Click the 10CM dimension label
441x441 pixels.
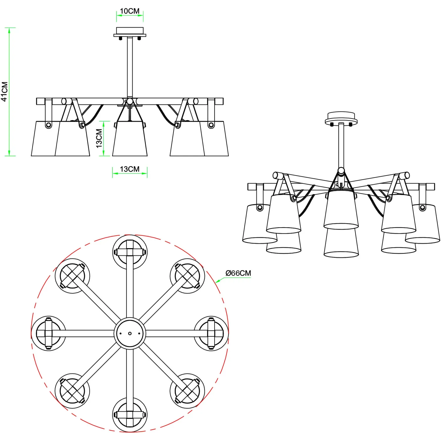[130, 11]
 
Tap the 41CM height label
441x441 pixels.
[5, 92]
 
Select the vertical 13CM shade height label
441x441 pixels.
[99, 138]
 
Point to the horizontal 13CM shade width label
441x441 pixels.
[130, 169]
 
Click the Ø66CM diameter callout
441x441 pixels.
[238, 273]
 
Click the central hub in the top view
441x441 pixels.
[130, 333]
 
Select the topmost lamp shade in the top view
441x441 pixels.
[130, 252]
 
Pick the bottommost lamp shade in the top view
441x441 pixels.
[130, 415]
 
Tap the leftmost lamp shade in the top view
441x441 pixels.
[49, 333]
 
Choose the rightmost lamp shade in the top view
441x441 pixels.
[211, 333]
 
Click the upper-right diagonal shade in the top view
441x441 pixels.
[187, 276]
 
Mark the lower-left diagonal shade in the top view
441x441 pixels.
[72, 391]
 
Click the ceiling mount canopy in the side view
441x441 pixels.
[130, 32]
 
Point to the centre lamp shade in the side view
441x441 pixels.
[130, 138]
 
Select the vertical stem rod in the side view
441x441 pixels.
[130, 68]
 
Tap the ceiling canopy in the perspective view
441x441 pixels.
[341, 118]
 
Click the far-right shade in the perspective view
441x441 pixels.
[423, 224]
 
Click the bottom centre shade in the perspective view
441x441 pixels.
[341, 243]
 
